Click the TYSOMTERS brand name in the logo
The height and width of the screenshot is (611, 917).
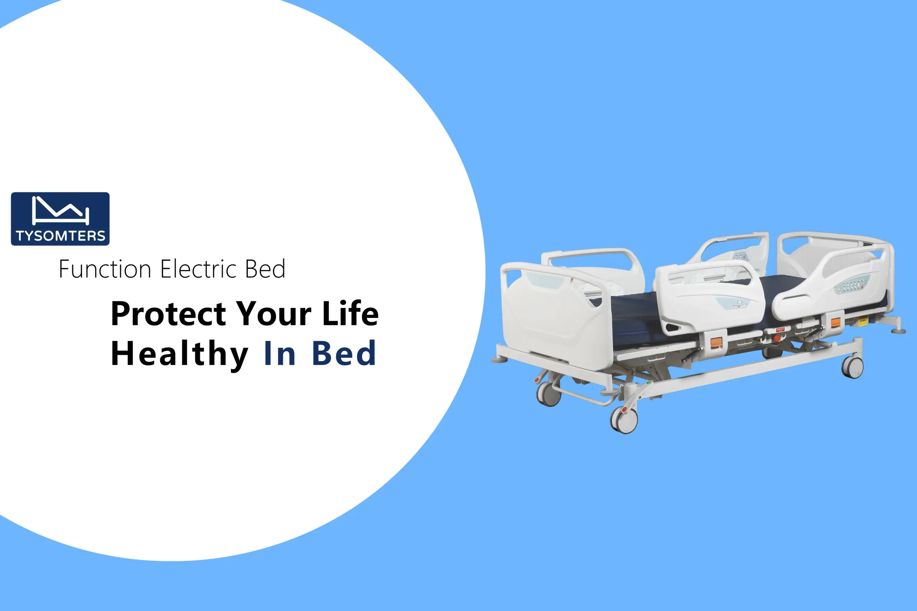point(61,236)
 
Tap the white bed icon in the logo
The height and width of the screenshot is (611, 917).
point(61,210)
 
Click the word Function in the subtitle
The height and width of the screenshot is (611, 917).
point(105,269)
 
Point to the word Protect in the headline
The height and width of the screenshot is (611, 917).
point(168,314)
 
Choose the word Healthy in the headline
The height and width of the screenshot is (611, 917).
point(180,354)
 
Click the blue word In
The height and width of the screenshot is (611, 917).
point(279,353)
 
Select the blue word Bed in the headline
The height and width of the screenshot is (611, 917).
point(344,353)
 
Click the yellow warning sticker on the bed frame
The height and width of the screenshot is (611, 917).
point(863,322)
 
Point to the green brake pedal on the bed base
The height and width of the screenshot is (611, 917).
point(649,383)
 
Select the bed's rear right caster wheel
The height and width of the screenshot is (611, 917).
point(853,367)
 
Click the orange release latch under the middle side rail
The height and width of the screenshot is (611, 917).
point(716,343)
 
